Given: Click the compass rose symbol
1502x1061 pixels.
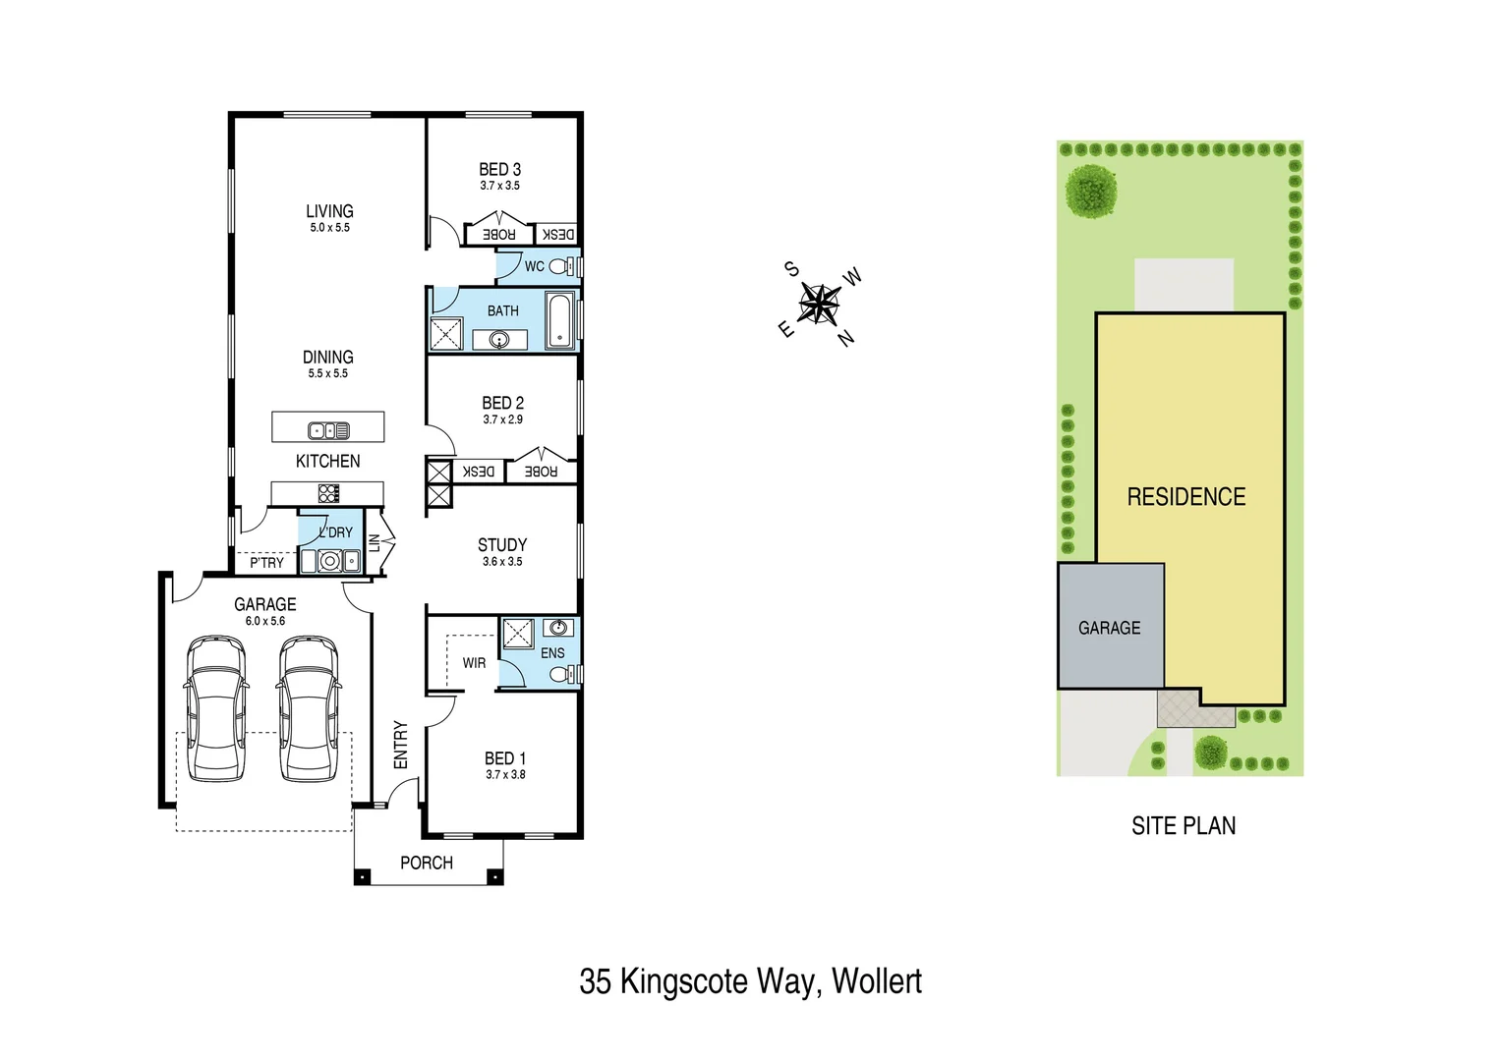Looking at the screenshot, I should tap(818, 304).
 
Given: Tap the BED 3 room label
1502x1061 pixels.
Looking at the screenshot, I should tap(499, 170).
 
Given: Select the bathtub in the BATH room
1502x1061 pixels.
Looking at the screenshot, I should tap(559, 320).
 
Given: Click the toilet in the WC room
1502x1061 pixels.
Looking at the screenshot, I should tap(561, 266).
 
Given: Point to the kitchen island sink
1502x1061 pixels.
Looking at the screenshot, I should tap(327, 430).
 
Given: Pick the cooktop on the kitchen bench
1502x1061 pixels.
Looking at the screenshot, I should tap(328, 493).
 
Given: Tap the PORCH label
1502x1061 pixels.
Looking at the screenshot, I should tap(427, 863).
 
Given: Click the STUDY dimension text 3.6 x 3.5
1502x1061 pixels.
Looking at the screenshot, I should tap(502, 562).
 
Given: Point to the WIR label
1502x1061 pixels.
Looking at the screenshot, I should tap(474, 663).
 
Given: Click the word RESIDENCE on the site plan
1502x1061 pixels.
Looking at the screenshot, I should tap(1185, 497).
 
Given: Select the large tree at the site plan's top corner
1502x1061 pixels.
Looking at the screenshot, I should tap(1091, 191).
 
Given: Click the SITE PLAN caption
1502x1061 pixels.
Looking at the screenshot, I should tap(1184, 826).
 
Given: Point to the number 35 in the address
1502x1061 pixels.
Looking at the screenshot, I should tap(596, 981).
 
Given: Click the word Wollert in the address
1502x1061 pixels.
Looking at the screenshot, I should tap(877, 981).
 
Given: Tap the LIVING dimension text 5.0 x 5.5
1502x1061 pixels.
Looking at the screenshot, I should tap(329, 228).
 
